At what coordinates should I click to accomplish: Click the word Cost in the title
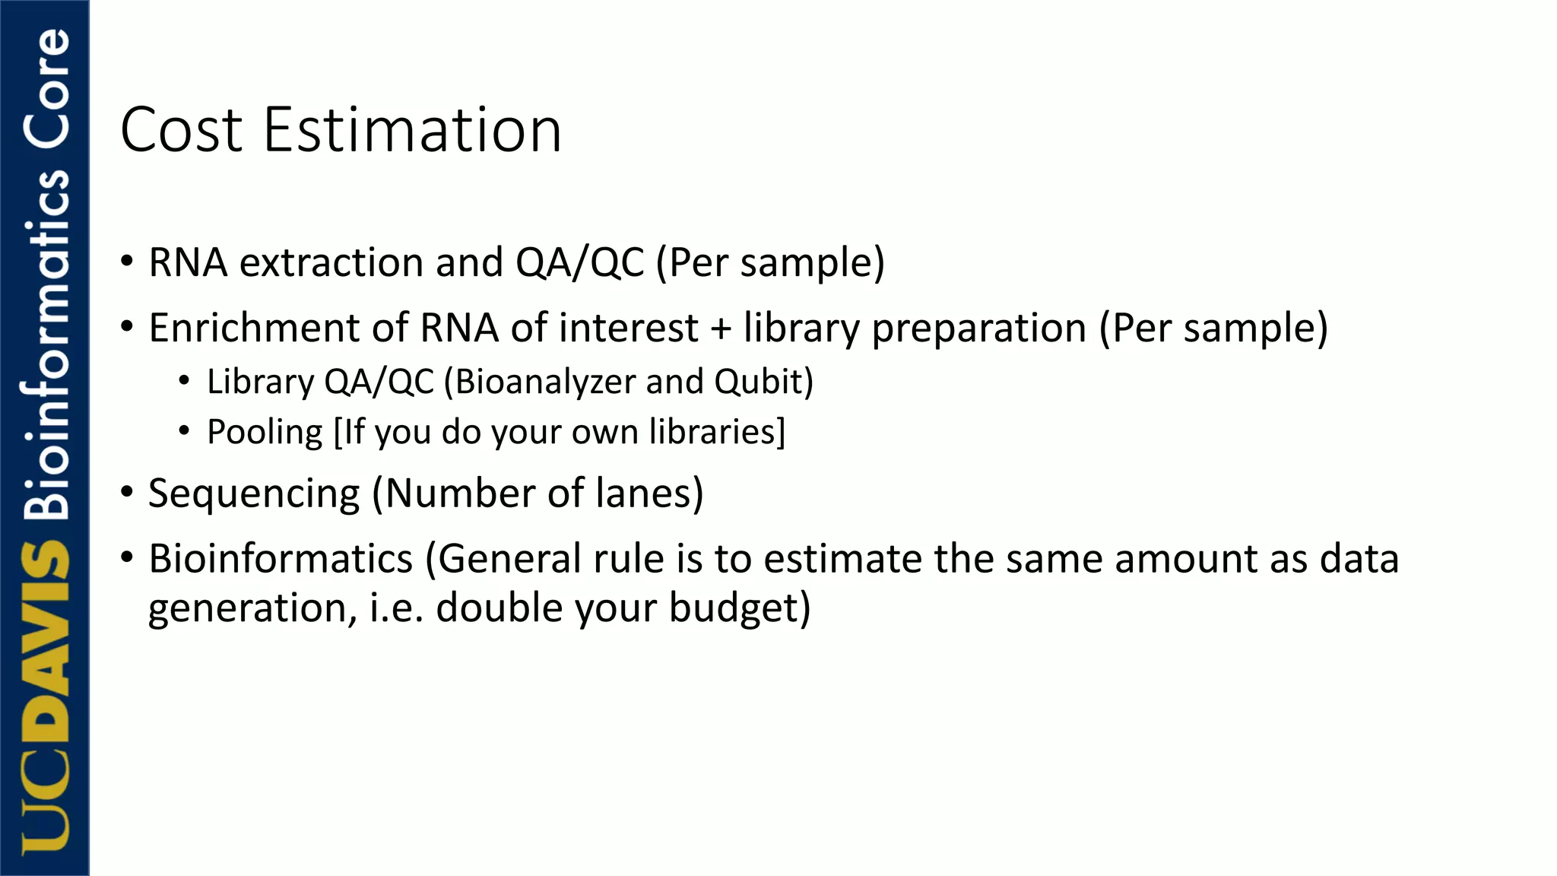coord(181,130)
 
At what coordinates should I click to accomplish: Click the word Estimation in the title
coord(412,130)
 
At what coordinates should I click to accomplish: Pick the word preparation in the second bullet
coord(978,329)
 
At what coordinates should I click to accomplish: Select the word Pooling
coord(265,432)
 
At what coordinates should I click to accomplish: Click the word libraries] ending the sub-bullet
coord(716,431)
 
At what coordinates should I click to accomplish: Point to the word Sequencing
coord(254,494)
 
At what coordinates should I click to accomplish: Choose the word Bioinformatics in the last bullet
coord(281,559)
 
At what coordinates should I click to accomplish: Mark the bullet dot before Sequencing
coord(127,491)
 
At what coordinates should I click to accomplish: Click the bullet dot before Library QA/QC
coord(184,380)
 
